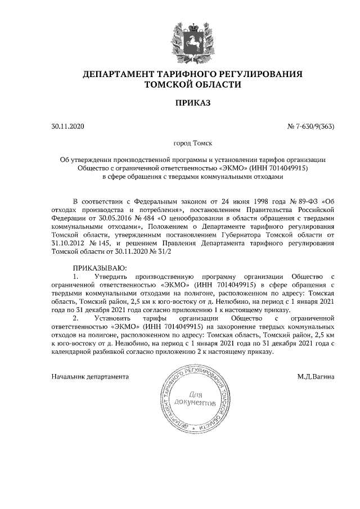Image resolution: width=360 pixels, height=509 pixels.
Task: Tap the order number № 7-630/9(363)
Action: [x=310, y=127]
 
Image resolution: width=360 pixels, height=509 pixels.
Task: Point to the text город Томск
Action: [x=193, y=144]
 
